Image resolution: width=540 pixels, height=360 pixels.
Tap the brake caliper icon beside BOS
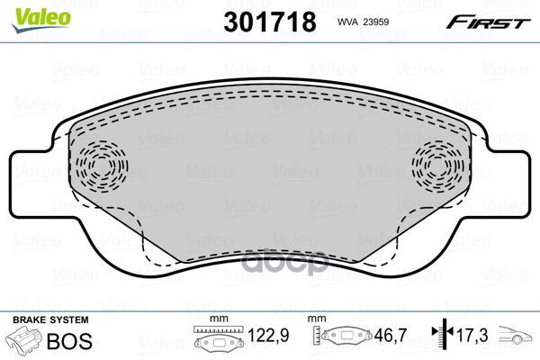click(x=24, y=344)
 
